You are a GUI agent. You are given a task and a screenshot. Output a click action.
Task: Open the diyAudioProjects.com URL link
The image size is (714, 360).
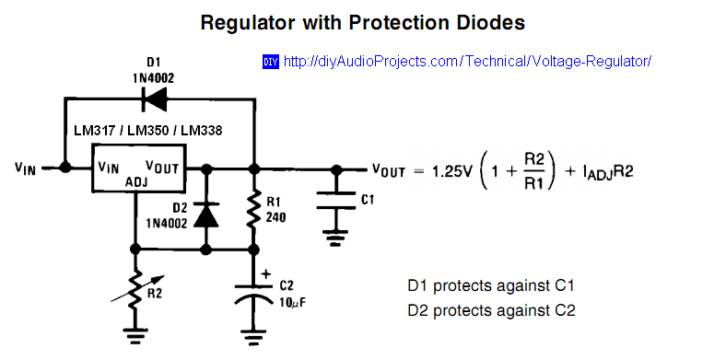pos(467,62)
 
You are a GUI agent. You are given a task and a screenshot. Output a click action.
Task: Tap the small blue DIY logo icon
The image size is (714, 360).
pos(271,62)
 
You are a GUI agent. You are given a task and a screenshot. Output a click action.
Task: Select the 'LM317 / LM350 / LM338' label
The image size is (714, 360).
pos(147,131)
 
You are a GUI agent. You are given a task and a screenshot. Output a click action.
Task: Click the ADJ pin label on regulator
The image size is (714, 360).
pos(137,182)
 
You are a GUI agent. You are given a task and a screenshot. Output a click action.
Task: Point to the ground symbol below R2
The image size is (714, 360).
pos(137,334)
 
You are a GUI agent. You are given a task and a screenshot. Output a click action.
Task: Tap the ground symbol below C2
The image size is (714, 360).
pos(253,332)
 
